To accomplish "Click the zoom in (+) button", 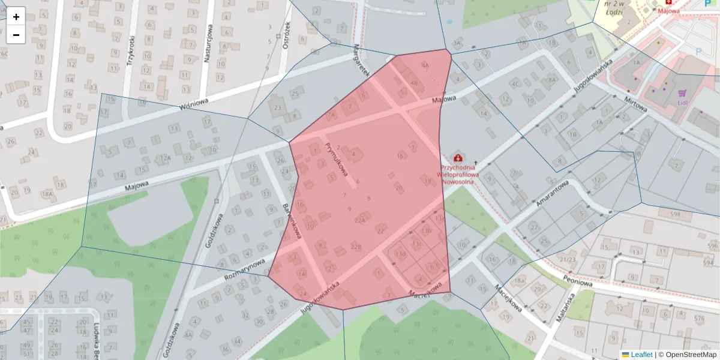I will tap(16, 17).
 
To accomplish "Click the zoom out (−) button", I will tap(16, 35).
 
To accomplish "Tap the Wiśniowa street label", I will tap(194, 104).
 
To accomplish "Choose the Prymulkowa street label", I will tap(337, 159).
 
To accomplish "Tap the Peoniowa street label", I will tap(578, 281).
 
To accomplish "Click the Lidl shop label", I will tap(682, 103).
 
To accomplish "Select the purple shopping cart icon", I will tap(682, 93).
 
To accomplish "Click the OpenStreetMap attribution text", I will tap(687, 355).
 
